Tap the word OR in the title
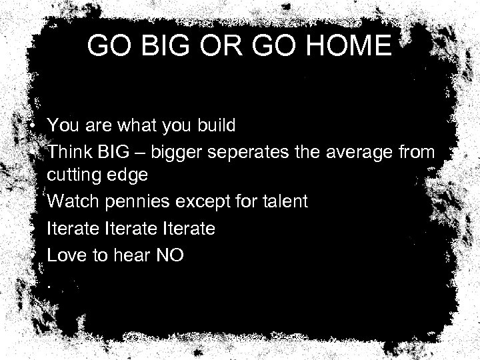point(213,46)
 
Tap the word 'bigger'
point(175,153)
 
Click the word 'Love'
point(65,255)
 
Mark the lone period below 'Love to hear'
point(49,286)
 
